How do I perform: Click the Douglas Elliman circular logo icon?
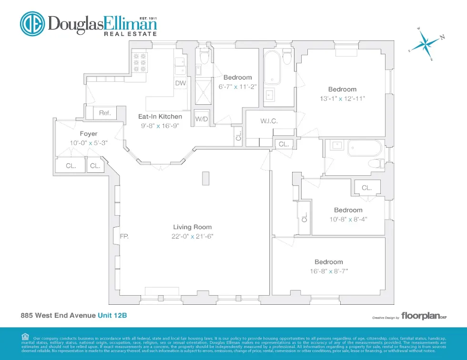point(32,24)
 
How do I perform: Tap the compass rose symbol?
point(425,45)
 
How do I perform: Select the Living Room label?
point(192,227)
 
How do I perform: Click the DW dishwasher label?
point(180,83)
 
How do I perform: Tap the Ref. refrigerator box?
point(105,113)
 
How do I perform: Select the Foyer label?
point(89,134)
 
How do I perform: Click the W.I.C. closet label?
point(269,121)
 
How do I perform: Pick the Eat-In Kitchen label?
point(160,117)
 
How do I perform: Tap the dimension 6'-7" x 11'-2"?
point(237,87)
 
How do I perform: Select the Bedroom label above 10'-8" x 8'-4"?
point(348,210)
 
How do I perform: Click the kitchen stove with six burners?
point(139,62)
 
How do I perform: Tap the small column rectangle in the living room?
point(205,178)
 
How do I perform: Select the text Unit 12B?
point(112,315)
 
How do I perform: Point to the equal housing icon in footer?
point(25,336)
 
